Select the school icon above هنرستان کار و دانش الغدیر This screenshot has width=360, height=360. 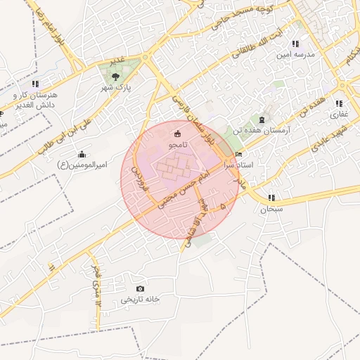click(35, 84)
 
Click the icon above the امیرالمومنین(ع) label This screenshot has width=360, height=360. click(82, 154)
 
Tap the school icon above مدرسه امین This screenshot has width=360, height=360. click(295, 44)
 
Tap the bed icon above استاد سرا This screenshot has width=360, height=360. click(239, 154)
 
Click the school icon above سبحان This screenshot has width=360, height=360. click(271, 198)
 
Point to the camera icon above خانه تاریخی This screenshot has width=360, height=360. click(140, 288)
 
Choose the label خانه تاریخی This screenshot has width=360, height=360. click(140, 299)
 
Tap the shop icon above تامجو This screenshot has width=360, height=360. click(176, 134)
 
